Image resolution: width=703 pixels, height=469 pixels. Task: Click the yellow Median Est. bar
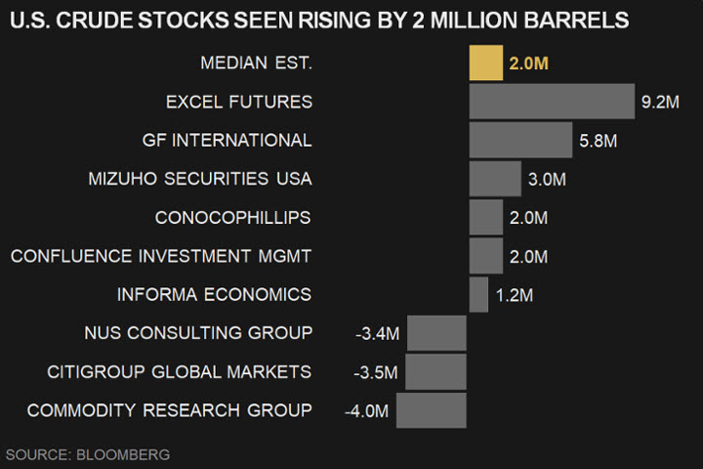coord(486,64)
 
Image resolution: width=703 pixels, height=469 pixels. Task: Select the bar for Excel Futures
coord(552,102)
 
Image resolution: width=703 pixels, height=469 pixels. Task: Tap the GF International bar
coord(520,140)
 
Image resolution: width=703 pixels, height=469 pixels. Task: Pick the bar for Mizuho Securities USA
coord(495,179)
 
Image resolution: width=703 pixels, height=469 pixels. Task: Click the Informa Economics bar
coord(478,294)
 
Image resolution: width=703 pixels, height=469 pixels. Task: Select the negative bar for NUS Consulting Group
coord(436,333)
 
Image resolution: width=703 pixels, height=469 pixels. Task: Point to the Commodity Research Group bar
coord(431,410)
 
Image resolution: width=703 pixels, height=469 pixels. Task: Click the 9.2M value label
coord(660,102)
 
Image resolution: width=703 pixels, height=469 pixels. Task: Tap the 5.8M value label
coord(598,141)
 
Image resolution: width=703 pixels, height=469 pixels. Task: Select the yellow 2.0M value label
coord(529,64)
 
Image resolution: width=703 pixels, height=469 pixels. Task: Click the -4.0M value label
coord(366,411)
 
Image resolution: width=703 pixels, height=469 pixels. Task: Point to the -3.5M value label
coord(377,372)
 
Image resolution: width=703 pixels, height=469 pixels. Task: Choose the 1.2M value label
coord(515,295)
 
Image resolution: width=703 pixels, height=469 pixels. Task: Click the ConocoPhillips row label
coord(233,217)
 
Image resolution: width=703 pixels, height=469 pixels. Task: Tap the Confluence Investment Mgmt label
coord(161,256)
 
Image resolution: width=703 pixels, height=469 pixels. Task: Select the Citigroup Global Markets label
coord(180,371)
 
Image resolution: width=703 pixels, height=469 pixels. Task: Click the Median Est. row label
coord(256,63)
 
